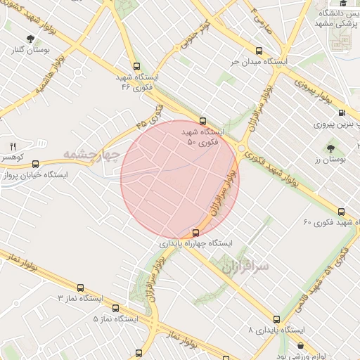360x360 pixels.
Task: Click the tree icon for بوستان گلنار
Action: point(30,39)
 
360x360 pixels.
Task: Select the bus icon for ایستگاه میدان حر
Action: point(259,51)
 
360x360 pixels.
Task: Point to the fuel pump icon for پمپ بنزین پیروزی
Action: point(342,112)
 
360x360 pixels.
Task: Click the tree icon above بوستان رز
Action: point(330,148)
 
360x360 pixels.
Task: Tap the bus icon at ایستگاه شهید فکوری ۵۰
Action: point(202,120)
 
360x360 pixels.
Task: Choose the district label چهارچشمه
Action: point(91,153)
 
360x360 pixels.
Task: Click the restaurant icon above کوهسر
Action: point(12,146)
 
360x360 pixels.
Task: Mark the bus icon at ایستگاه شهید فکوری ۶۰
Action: point(342,211)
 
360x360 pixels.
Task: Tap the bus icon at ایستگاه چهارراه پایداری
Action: point(196,233)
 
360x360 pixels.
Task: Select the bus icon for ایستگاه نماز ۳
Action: point(79,288)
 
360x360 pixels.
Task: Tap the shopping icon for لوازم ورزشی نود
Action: point(301,347)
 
